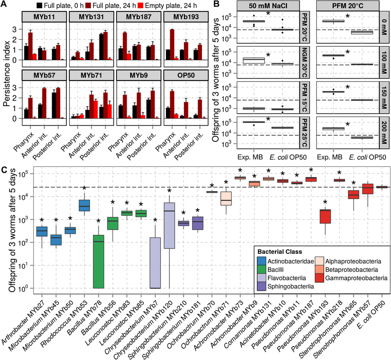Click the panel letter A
point(5,5)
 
